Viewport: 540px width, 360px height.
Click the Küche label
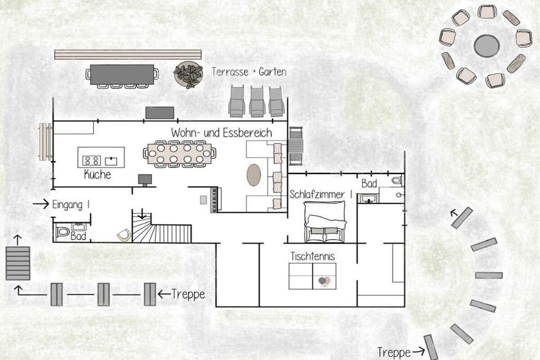pyautogui.click(x=98, y=174)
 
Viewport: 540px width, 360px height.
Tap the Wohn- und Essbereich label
pyautogui.click(x=221, y=133)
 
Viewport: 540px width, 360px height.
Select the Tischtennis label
pyautogui.click(x=313, y=256)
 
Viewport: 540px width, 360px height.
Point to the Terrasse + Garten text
pyautogui.click(x=249, y=72)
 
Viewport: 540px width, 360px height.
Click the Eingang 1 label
pyautogui.click(x=71, y=205)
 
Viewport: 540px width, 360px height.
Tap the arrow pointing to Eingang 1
pyautogui.click(x=41, y=204)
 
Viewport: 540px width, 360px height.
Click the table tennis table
pyautogui.click(x=312, y=276)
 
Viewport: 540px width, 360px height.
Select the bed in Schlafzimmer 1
pyautogui.click(x=324, y=221)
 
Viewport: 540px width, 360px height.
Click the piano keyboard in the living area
pyautogui.click(x=214, y=200)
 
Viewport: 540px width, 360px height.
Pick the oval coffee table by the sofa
pyautogui.click(x=254, y=175)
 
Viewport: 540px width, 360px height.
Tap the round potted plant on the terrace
pyautogui.click(x=188, y=75)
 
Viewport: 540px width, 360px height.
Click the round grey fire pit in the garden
pyautogui.click(x=487, y=45)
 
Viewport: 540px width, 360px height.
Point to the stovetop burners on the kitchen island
pyautogui.click(x=92, y=160)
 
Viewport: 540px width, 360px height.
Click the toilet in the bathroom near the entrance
pyautogui.click(x=62, y=231)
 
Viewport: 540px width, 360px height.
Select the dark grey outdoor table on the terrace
pyautogui.click(x=122, y=74)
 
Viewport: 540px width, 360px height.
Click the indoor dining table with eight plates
pyautogui.click(x=179, y=154)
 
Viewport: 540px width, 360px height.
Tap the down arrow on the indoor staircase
pyautogui.click(x=141, y=213)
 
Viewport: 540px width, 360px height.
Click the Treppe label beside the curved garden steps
pyautogui.click(x=393, y=353)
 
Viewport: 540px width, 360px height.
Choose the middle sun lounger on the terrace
pyautogui.click(x=257, y=102)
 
